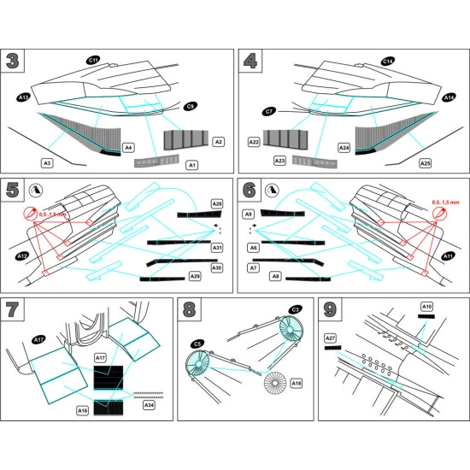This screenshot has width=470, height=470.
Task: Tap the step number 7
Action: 14,311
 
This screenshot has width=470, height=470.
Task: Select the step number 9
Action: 330,311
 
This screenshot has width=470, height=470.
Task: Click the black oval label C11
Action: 94,60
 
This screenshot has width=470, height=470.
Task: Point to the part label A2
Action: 218,142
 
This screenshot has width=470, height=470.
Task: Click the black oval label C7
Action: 269,112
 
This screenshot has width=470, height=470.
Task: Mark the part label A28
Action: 217,204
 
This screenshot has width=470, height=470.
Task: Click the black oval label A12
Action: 23,255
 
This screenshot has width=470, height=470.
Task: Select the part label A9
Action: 250,214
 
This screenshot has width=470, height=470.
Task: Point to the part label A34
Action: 150,405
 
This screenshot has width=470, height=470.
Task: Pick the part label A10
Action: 427,306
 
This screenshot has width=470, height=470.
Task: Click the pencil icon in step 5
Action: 34,190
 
